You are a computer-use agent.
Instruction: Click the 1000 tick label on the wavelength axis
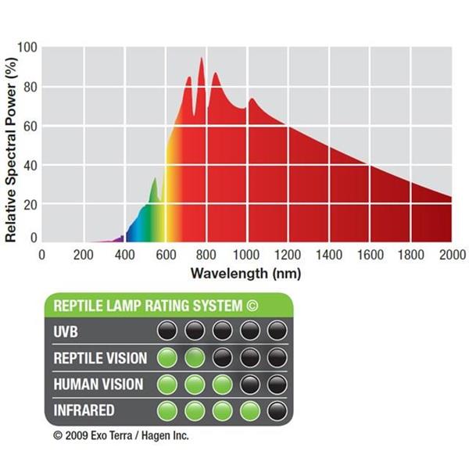click(246, 255)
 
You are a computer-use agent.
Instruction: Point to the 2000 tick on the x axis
click(451, 255)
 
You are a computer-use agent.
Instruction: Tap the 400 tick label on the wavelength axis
click(124, 255)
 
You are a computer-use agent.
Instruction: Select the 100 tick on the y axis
click(28, 48)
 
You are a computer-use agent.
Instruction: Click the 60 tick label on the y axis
click(30, 126)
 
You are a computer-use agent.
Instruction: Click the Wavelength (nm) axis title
click(245, 274)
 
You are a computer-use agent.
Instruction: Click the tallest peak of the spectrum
click(202, 59)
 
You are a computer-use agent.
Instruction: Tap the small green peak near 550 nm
click(154, 180)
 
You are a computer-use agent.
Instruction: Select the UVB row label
click(66, 331)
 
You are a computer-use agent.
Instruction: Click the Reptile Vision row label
click(99, 358)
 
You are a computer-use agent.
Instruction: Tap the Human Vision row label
click(97, 384)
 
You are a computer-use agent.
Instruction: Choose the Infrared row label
click(83, 410)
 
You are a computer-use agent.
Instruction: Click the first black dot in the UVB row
click(166, 330)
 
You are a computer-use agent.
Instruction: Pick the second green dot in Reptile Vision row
click(194, 358)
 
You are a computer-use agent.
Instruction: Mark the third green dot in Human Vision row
click(222, 385)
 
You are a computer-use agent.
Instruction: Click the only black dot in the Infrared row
click(277, 410)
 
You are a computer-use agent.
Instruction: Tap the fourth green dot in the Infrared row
click(249, 410)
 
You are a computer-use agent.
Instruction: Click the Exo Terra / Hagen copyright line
click(121, 435)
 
